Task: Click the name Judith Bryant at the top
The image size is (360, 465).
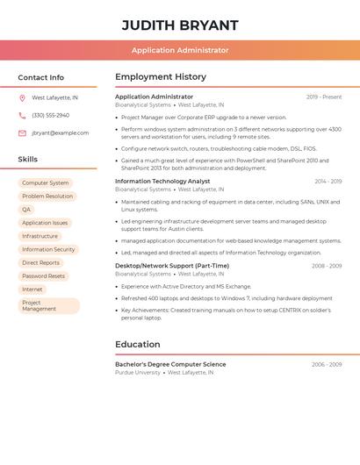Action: point(180,25)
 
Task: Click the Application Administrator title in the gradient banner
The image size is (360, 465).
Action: point(180,50)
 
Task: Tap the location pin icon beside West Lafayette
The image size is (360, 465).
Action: point(22,98)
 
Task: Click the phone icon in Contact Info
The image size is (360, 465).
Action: point(22,115)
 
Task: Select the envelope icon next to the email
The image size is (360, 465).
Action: point(22,133)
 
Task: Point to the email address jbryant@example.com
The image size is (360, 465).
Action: point(60,133)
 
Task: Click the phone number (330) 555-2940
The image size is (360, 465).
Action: point(50,115)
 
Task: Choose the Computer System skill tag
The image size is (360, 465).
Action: point(46,182)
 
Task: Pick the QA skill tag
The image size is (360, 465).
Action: point(26,210)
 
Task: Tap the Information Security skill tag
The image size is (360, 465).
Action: point(48,249)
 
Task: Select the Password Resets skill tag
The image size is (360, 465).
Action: point(43,275)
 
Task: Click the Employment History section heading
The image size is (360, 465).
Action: point(161,77)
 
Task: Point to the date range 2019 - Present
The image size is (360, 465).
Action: point(324,97)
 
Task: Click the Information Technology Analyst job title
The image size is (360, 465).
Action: point(162,181)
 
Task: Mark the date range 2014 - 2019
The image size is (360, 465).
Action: point(328,182)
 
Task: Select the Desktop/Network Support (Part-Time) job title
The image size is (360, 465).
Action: point(172,266)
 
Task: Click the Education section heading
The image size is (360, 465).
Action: point(138,345)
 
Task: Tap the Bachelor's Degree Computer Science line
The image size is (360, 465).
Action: point(170,364)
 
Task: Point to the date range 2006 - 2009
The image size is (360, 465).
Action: point(327,364)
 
